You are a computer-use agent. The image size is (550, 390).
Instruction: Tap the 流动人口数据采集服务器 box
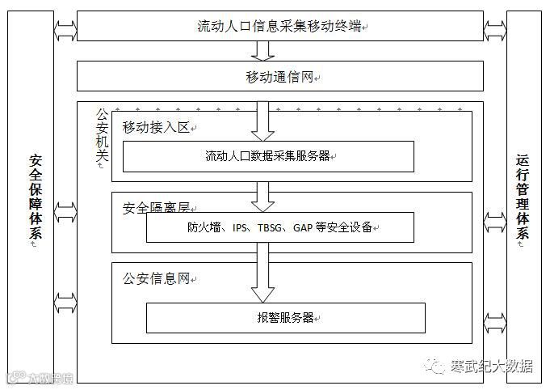click(267, 156)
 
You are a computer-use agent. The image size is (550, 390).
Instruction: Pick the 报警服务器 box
click(284, 317)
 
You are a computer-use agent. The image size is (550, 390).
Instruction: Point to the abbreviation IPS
click(241, 227)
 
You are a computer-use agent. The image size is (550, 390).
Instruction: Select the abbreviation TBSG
click(271, 227)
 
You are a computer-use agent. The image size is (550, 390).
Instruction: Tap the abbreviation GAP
click(304, 227)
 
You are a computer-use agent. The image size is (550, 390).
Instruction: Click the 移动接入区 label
click(155, 127)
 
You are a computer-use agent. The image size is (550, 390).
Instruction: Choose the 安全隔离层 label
click(155, 208)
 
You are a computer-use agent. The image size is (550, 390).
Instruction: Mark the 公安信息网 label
click(155, 278)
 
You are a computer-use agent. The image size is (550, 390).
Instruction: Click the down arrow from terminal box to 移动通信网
click(262, 50)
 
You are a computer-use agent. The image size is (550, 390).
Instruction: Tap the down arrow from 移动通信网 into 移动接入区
click(262, 120)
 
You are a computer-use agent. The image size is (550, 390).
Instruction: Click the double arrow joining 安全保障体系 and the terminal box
click(65, 31)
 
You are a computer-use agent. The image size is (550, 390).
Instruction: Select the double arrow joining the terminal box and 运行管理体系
click(495, 31)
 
